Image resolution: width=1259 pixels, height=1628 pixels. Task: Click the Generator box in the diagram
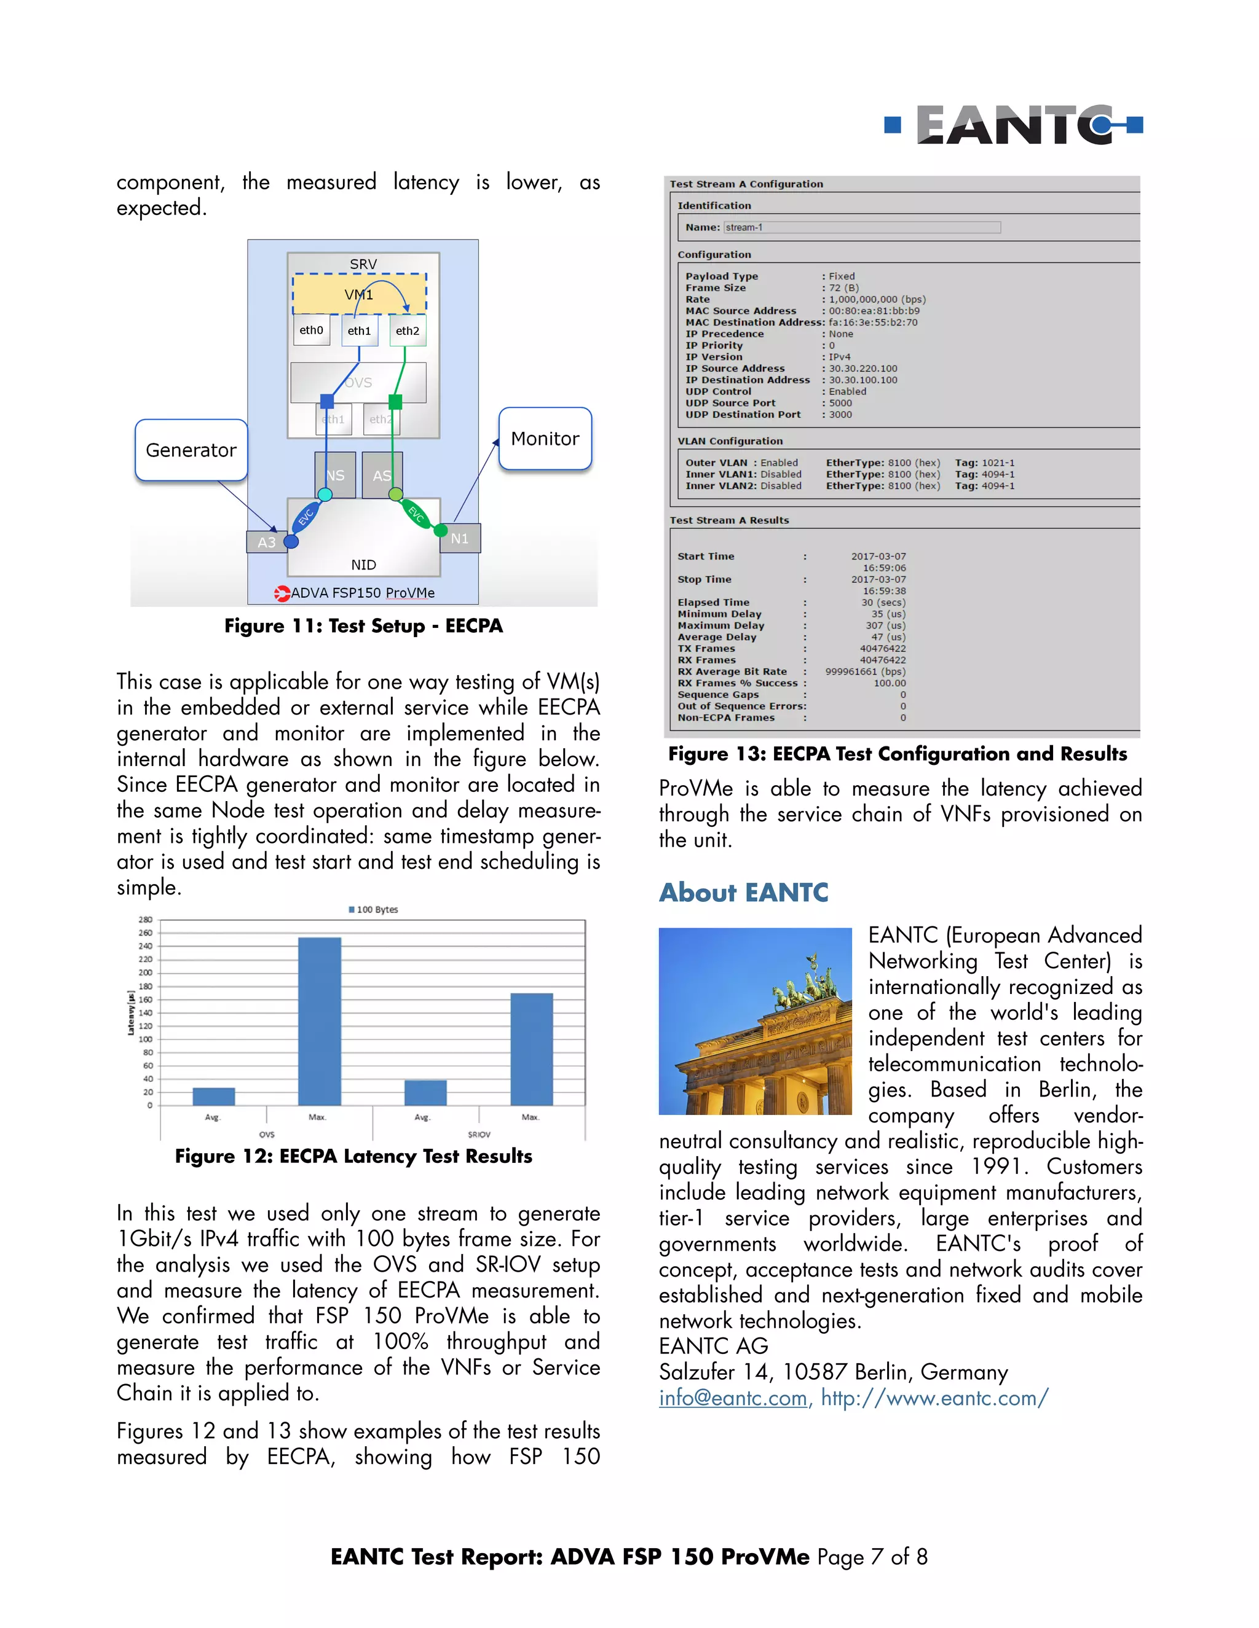(x=191, y=450)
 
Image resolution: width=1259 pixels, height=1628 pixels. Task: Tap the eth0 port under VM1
(x=311, y=331)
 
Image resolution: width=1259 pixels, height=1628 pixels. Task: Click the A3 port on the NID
(x=266, y=542)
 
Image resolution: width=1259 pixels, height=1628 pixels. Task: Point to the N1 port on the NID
(x=459, y=538)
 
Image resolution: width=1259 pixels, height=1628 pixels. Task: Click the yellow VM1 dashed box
(x=359, y=294)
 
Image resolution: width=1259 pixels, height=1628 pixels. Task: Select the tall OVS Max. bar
(x=319, y=1020)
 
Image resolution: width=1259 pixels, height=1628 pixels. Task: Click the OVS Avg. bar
(x=213, y=1096)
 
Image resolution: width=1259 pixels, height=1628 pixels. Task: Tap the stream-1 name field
(x=861, y=227)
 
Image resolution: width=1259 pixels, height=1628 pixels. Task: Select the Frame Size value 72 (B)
(x=843, y=288)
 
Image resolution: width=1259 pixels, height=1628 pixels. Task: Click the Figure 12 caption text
(x=353, y=1156)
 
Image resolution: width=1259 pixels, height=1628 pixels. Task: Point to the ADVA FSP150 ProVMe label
(x=361, y=593)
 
